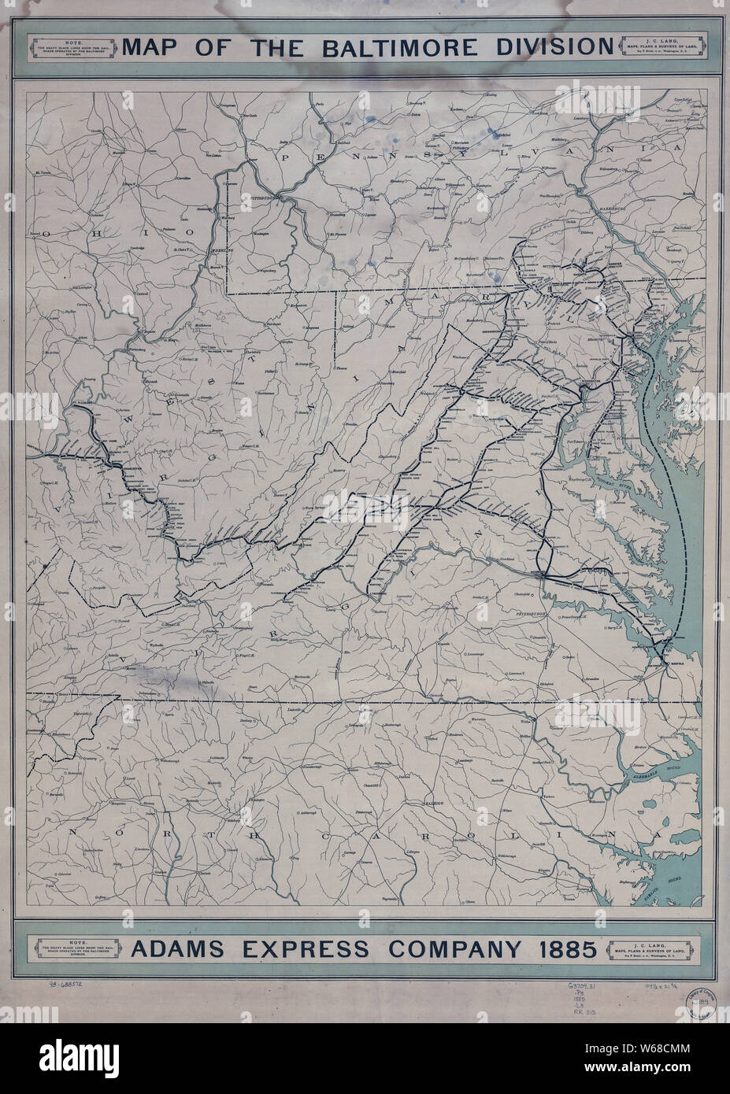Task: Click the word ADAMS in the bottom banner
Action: (x=176, y=949)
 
